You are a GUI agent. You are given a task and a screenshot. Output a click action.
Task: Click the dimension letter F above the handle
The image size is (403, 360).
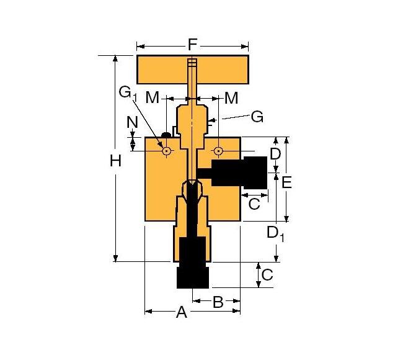tap(192, 45)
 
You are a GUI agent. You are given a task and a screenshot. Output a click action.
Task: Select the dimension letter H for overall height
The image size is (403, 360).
tap(115, 161)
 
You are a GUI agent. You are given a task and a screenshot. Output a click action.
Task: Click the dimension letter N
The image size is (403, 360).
tap(132, 122)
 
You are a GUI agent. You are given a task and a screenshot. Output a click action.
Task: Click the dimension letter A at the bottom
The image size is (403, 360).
tap(181, 312)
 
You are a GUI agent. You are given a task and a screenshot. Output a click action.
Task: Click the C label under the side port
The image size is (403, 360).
tap(254, 204)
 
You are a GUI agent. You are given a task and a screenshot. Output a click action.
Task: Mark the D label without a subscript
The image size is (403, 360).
tap(275, 153)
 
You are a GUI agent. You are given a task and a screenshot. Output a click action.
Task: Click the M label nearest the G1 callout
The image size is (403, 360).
tap(152, 97)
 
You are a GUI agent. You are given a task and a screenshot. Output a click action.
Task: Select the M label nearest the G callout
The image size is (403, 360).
tap(231, 97)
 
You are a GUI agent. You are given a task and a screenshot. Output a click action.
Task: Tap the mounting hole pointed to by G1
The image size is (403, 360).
tap(166, 151)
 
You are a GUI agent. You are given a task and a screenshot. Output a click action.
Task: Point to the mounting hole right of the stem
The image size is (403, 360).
tap(219, 151)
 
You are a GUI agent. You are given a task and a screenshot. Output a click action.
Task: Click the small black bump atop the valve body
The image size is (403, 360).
tap(166, 133)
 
